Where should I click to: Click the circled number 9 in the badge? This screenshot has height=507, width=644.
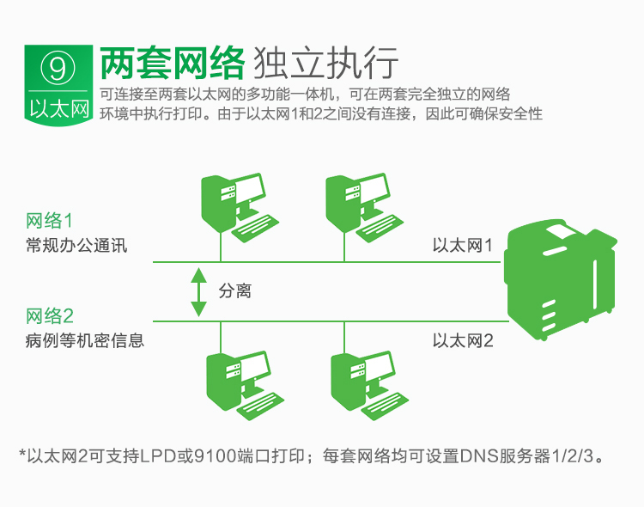[58, 68]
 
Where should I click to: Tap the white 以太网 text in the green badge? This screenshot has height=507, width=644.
[58, 108]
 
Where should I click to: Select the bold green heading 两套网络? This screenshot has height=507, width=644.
[173, 63]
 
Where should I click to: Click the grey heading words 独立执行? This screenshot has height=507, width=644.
[325, 63]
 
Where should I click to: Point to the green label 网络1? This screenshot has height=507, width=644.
[49, 221]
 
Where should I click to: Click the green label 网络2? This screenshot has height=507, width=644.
[50, 315]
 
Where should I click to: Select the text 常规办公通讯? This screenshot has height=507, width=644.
[76, 246]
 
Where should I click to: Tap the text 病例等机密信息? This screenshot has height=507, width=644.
[85, 340]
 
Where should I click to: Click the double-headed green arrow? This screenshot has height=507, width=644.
[199, 292]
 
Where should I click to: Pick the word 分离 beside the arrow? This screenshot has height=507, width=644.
[234, 291]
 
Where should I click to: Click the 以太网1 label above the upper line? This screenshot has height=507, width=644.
[462, 246]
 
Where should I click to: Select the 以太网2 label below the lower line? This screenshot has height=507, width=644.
[463, 341]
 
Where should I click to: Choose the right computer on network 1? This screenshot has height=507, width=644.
[364, 207]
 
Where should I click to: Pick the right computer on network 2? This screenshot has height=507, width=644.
[369, 385]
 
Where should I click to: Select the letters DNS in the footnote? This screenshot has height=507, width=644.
[479, 456]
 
